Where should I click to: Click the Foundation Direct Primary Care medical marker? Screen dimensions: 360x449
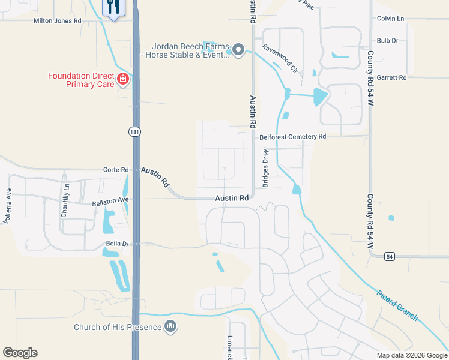click(x=123, y=79)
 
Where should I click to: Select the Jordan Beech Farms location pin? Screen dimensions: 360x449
click(x=238, y=50)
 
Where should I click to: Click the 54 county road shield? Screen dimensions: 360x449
click(x=390, y=256)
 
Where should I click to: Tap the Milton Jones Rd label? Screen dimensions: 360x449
click(x=58, y=20)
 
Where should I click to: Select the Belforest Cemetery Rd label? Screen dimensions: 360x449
click(x=292, y=137)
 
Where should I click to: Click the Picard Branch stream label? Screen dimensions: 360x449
click(x=397, y=306)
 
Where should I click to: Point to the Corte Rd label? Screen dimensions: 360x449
click(x=116, y=170)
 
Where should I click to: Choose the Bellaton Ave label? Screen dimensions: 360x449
click(x=110, y=201)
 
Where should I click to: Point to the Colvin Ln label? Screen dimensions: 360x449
click(x=391, y=19)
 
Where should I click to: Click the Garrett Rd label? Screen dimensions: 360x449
click(x=391, y=77)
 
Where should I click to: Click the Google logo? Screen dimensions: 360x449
click(x=20, y=353)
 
